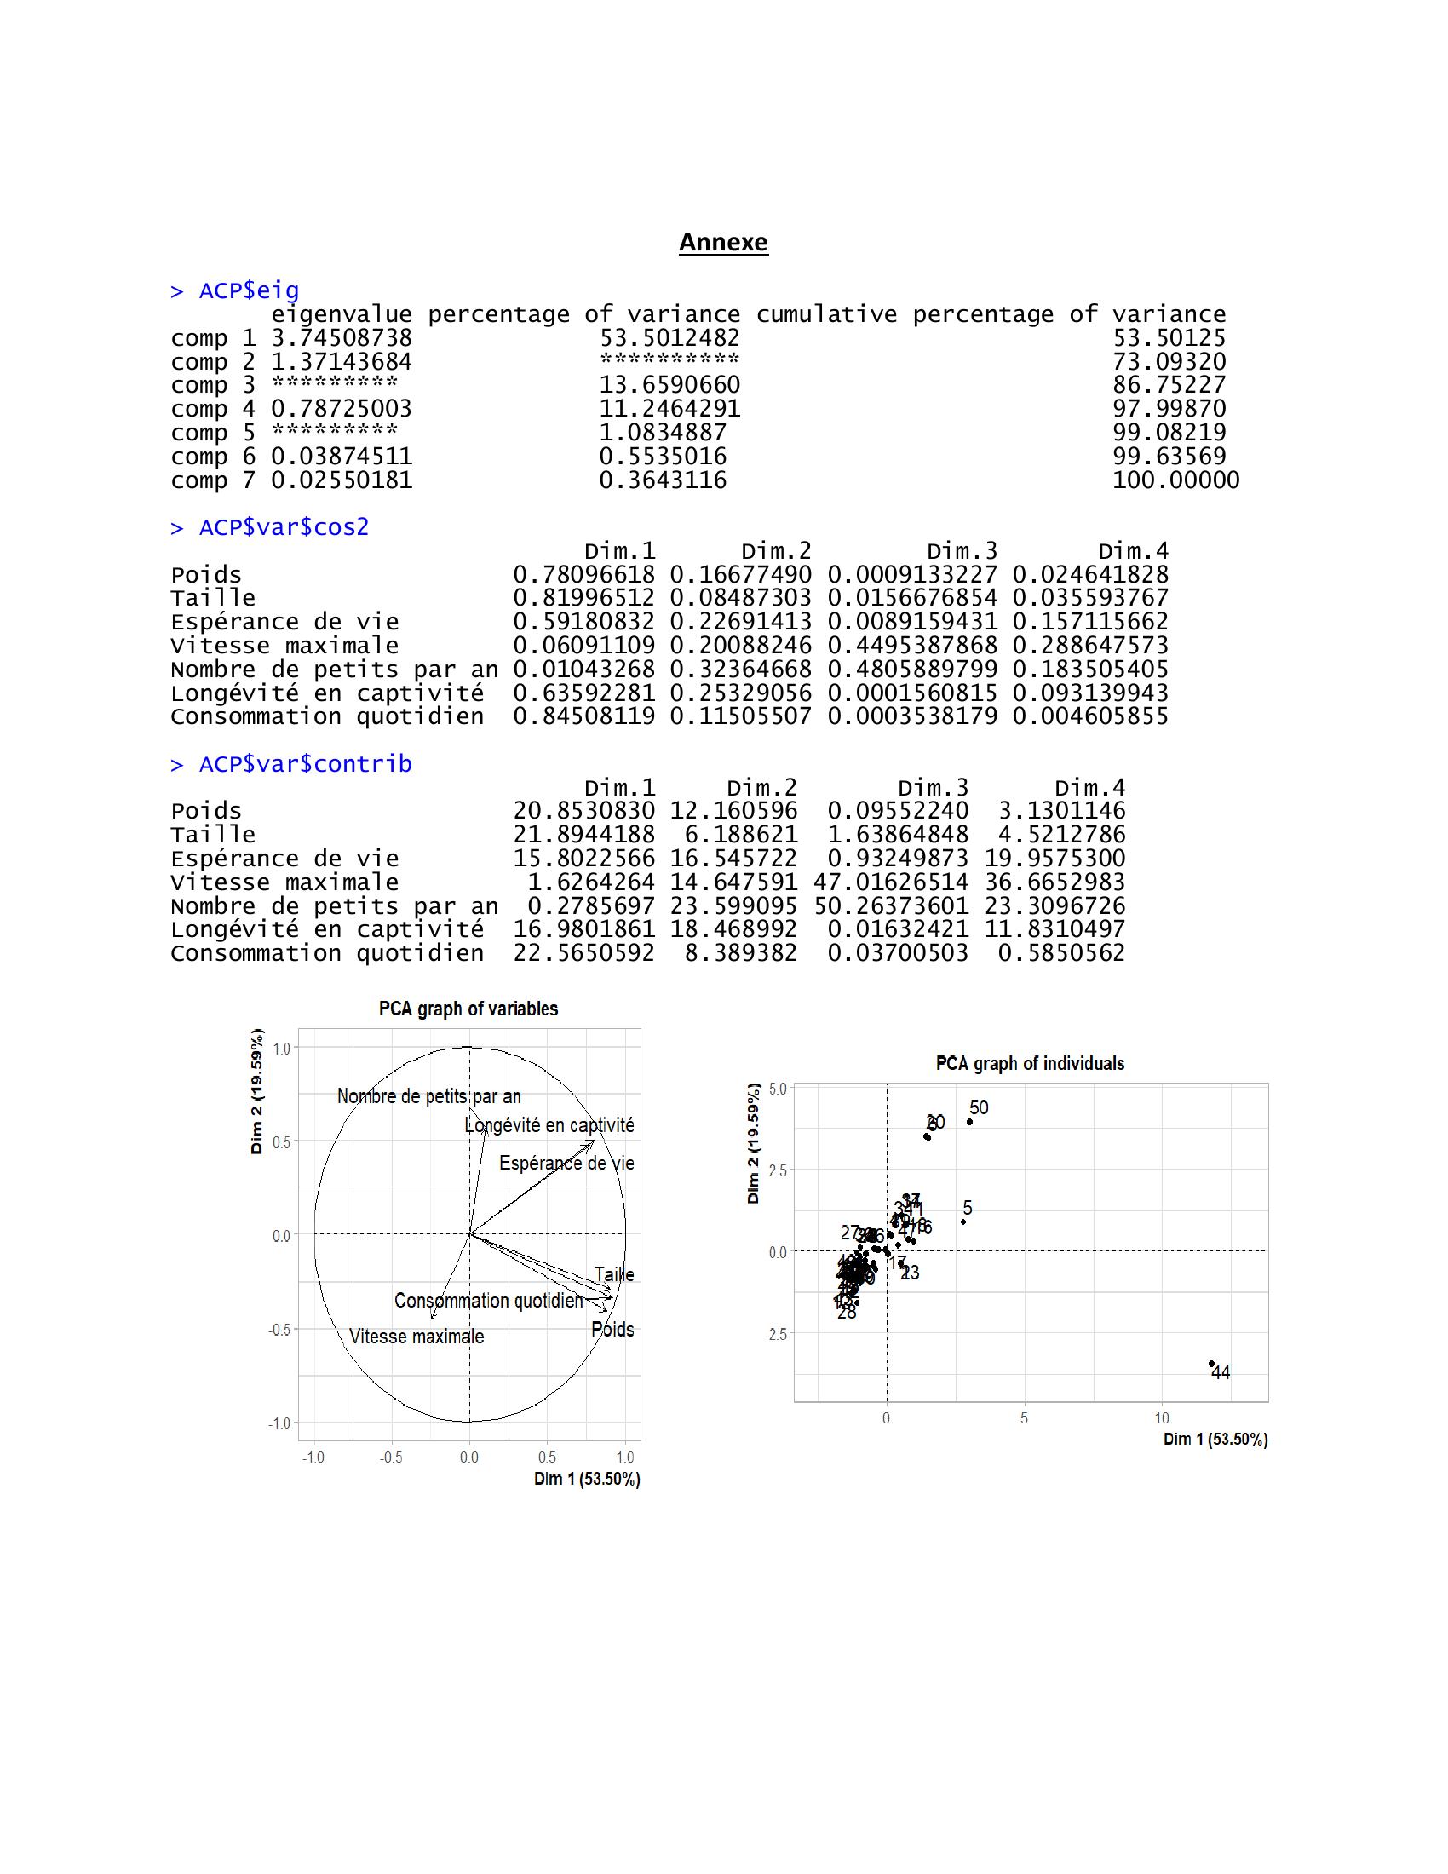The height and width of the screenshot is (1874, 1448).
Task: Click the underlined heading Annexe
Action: [723, 243]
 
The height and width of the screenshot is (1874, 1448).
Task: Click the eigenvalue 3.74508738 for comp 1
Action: [342, 338]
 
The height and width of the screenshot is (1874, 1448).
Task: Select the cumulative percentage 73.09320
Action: [1169, 362]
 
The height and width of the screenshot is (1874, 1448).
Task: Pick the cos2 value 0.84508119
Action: [583, 716]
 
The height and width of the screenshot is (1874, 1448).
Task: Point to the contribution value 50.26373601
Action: [890, 906]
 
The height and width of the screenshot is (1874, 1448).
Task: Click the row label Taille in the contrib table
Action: [213, 835]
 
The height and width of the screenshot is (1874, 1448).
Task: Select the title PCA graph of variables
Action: [468, 1009]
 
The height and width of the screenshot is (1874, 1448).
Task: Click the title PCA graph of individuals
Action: [1030, 1064]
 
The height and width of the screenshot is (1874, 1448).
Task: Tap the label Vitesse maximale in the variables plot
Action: [416, 1337]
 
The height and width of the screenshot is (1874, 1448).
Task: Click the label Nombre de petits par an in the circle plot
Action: [429, 1096]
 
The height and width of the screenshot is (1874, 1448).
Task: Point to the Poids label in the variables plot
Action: [612, 1330]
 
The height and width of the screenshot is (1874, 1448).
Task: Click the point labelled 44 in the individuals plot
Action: [1211, 1364]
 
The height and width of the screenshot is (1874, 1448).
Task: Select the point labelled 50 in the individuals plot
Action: [969, 1122]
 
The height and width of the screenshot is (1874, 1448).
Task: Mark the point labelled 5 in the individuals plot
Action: [962, 1222]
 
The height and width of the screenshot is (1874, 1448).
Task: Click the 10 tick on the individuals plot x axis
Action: [1162, 1418]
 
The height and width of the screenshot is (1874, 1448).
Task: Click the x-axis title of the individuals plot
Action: [1215, 1440]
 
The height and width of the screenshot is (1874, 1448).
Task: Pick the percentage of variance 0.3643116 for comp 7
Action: [662, 480]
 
